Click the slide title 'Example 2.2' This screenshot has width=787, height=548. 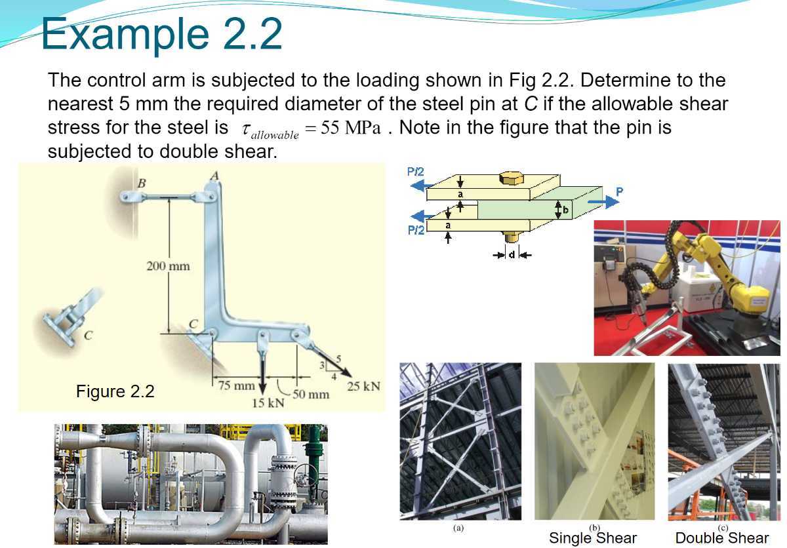pos(161,34)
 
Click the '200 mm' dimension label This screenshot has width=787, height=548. pos(167,265)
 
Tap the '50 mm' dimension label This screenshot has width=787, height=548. pos(310,394)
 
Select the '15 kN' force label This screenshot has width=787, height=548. pos(268,402)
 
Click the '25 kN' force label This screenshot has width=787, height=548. pos(363,386)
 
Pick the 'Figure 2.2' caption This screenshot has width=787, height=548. pos(115,391)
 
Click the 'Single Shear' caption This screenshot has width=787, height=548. pos(592,538)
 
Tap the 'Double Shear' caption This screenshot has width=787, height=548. pos(721,538)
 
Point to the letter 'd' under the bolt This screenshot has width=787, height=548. pos(512,254)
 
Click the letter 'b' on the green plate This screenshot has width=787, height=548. pos(565,210)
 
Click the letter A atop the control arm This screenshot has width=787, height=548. pos(214,174)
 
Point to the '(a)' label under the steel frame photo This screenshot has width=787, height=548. pos(458,527)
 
